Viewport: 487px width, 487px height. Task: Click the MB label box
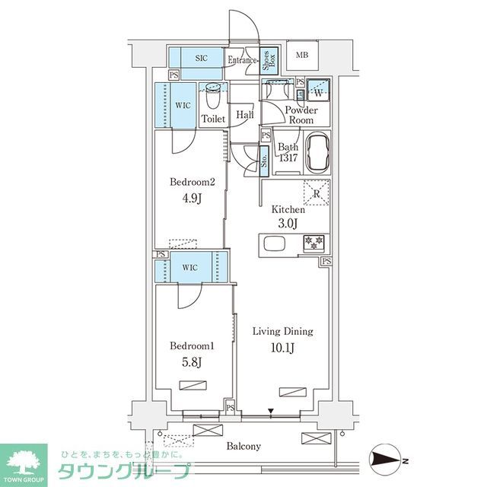pyautogui.click(x=302, y=55)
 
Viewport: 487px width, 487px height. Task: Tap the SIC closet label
pyautogui.click(x=202, y=58)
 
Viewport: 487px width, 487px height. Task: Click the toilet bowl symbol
pyautogui.click(x=212, y=99)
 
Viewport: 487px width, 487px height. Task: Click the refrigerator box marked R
pyautogui.click(x=317, y=193)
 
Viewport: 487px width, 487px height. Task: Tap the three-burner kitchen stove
pyautogui.click(x=313, y=243)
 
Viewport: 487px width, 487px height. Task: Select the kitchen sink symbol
pyautogui.click(x=274, y=244)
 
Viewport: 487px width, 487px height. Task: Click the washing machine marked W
pyautogui.click(x=317, y=93)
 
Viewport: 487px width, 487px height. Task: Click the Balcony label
pyautogui.click(x=243, y=447)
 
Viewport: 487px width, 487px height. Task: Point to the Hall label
pyautogui.click(x=244, y=115)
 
